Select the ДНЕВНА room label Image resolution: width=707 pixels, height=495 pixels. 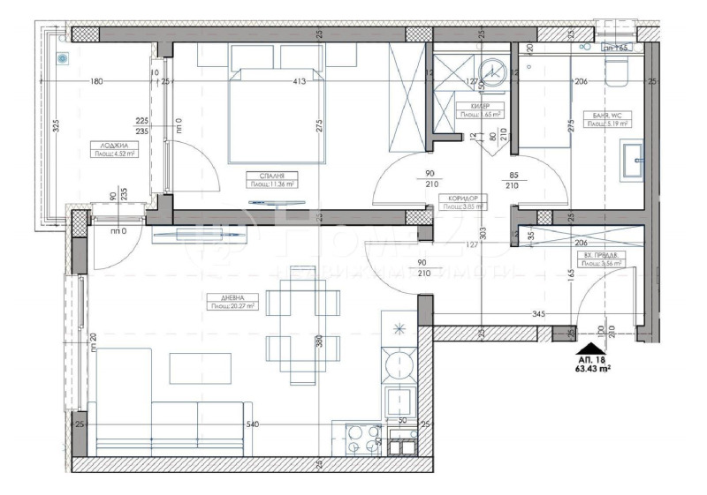pos(221,298)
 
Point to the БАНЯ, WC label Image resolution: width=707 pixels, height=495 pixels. pos(606,115)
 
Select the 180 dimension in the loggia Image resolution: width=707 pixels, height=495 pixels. pos(96,82)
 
